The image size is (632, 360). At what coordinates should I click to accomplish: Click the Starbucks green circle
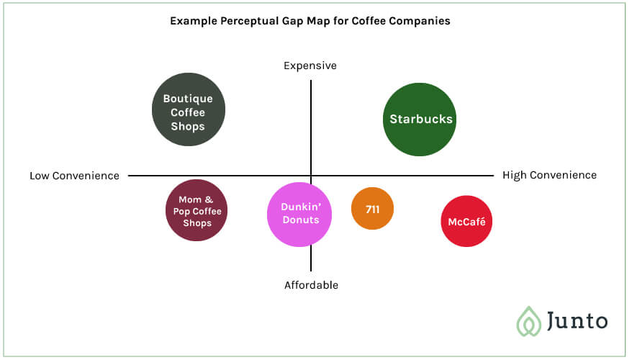420,120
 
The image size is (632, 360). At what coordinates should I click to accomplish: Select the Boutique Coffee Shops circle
188,109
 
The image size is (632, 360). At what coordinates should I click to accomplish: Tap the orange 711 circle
372,208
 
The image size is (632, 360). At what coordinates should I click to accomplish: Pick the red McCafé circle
466,221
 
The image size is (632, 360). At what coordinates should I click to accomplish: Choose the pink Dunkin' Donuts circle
299,215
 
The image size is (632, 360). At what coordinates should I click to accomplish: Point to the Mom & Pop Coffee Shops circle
197,210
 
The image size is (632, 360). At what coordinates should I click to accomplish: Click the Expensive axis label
310,66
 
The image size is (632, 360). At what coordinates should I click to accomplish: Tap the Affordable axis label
311,285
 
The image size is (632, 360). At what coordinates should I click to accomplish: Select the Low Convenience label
75,176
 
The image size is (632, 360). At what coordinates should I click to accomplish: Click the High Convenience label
549,175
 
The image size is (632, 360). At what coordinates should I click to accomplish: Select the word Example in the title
194,21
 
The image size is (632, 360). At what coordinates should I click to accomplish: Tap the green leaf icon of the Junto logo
529,321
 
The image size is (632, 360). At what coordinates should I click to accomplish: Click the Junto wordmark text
577,321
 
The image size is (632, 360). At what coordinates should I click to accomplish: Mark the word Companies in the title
420,21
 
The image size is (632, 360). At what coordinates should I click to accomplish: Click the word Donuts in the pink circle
301,220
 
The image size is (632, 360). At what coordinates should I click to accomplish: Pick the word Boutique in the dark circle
188,99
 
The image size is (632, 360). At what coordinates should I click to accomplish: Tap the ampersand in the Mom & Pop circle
209,199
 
